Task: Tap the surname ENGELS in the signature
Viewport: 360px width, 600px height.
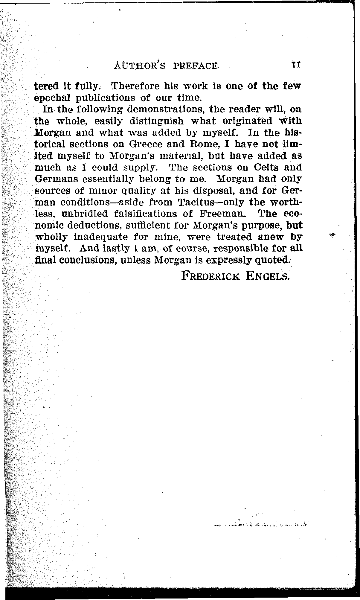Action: (x=268, y=276)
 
